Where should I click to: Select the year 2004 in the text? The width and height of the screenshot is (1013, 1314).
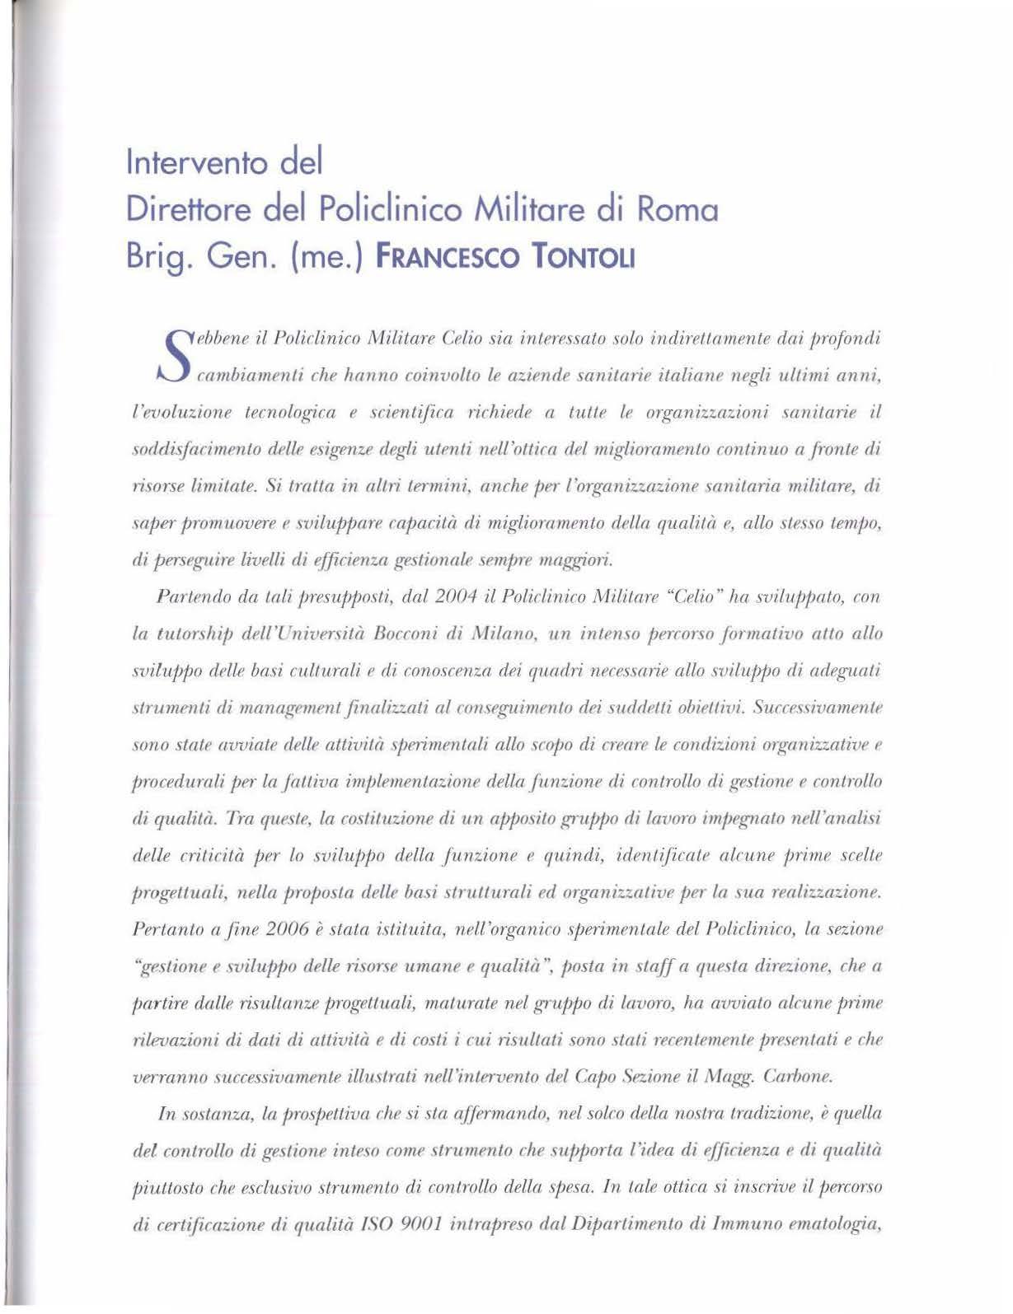tap(431, 596)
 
